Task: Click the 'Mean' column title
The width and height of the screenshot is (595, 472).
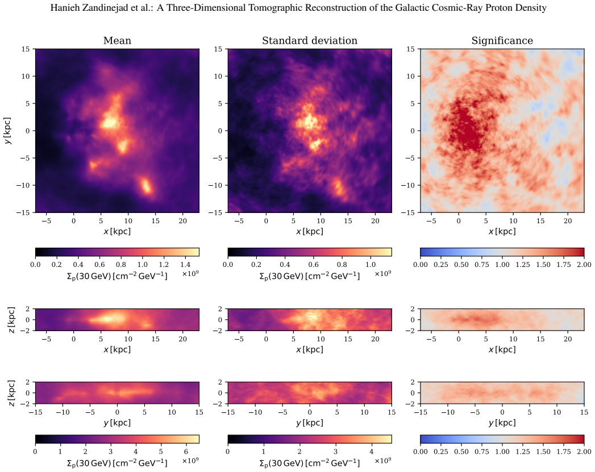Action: pos(117,40)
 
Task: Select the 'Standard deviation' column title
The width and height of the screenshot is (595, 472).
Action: pos(310,40)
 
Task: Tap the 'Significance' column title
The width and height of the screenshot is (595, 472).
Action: pos(502,40)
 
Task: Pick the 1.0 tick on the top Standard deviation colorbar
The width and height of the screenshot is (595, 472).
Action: pos(371,265)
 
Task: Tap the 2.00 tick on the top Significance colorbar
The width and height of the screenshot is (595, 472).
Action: pos(584,265)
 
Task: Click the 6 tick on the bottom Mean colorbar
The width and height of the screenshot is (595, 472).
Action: pos(186,452)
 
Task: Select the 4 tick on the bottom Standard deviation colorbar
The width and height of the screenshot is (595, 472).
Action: pos(371,452)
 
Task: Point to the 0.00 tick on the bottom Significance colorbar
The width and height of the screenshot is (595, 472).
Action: pos(421,452)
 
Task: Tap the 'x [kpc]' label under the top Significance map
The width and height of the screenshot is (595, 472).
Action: pos(502,231)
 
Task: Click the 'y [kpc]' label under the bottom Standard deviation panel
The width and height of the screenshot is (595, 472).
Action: pos(310,423)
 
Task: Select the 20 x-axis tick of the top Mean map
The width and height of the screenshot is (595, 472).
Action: pos(183,221)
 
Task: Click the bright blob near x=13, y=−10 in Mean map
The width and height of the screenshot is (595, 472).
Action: pos(146,186)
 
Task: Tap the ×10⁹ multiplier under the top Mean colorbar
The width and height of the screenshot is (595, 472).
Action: pos(191,273)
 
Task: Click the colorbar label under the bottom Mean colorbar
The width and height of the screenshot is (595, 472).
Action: pos(117,463)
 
